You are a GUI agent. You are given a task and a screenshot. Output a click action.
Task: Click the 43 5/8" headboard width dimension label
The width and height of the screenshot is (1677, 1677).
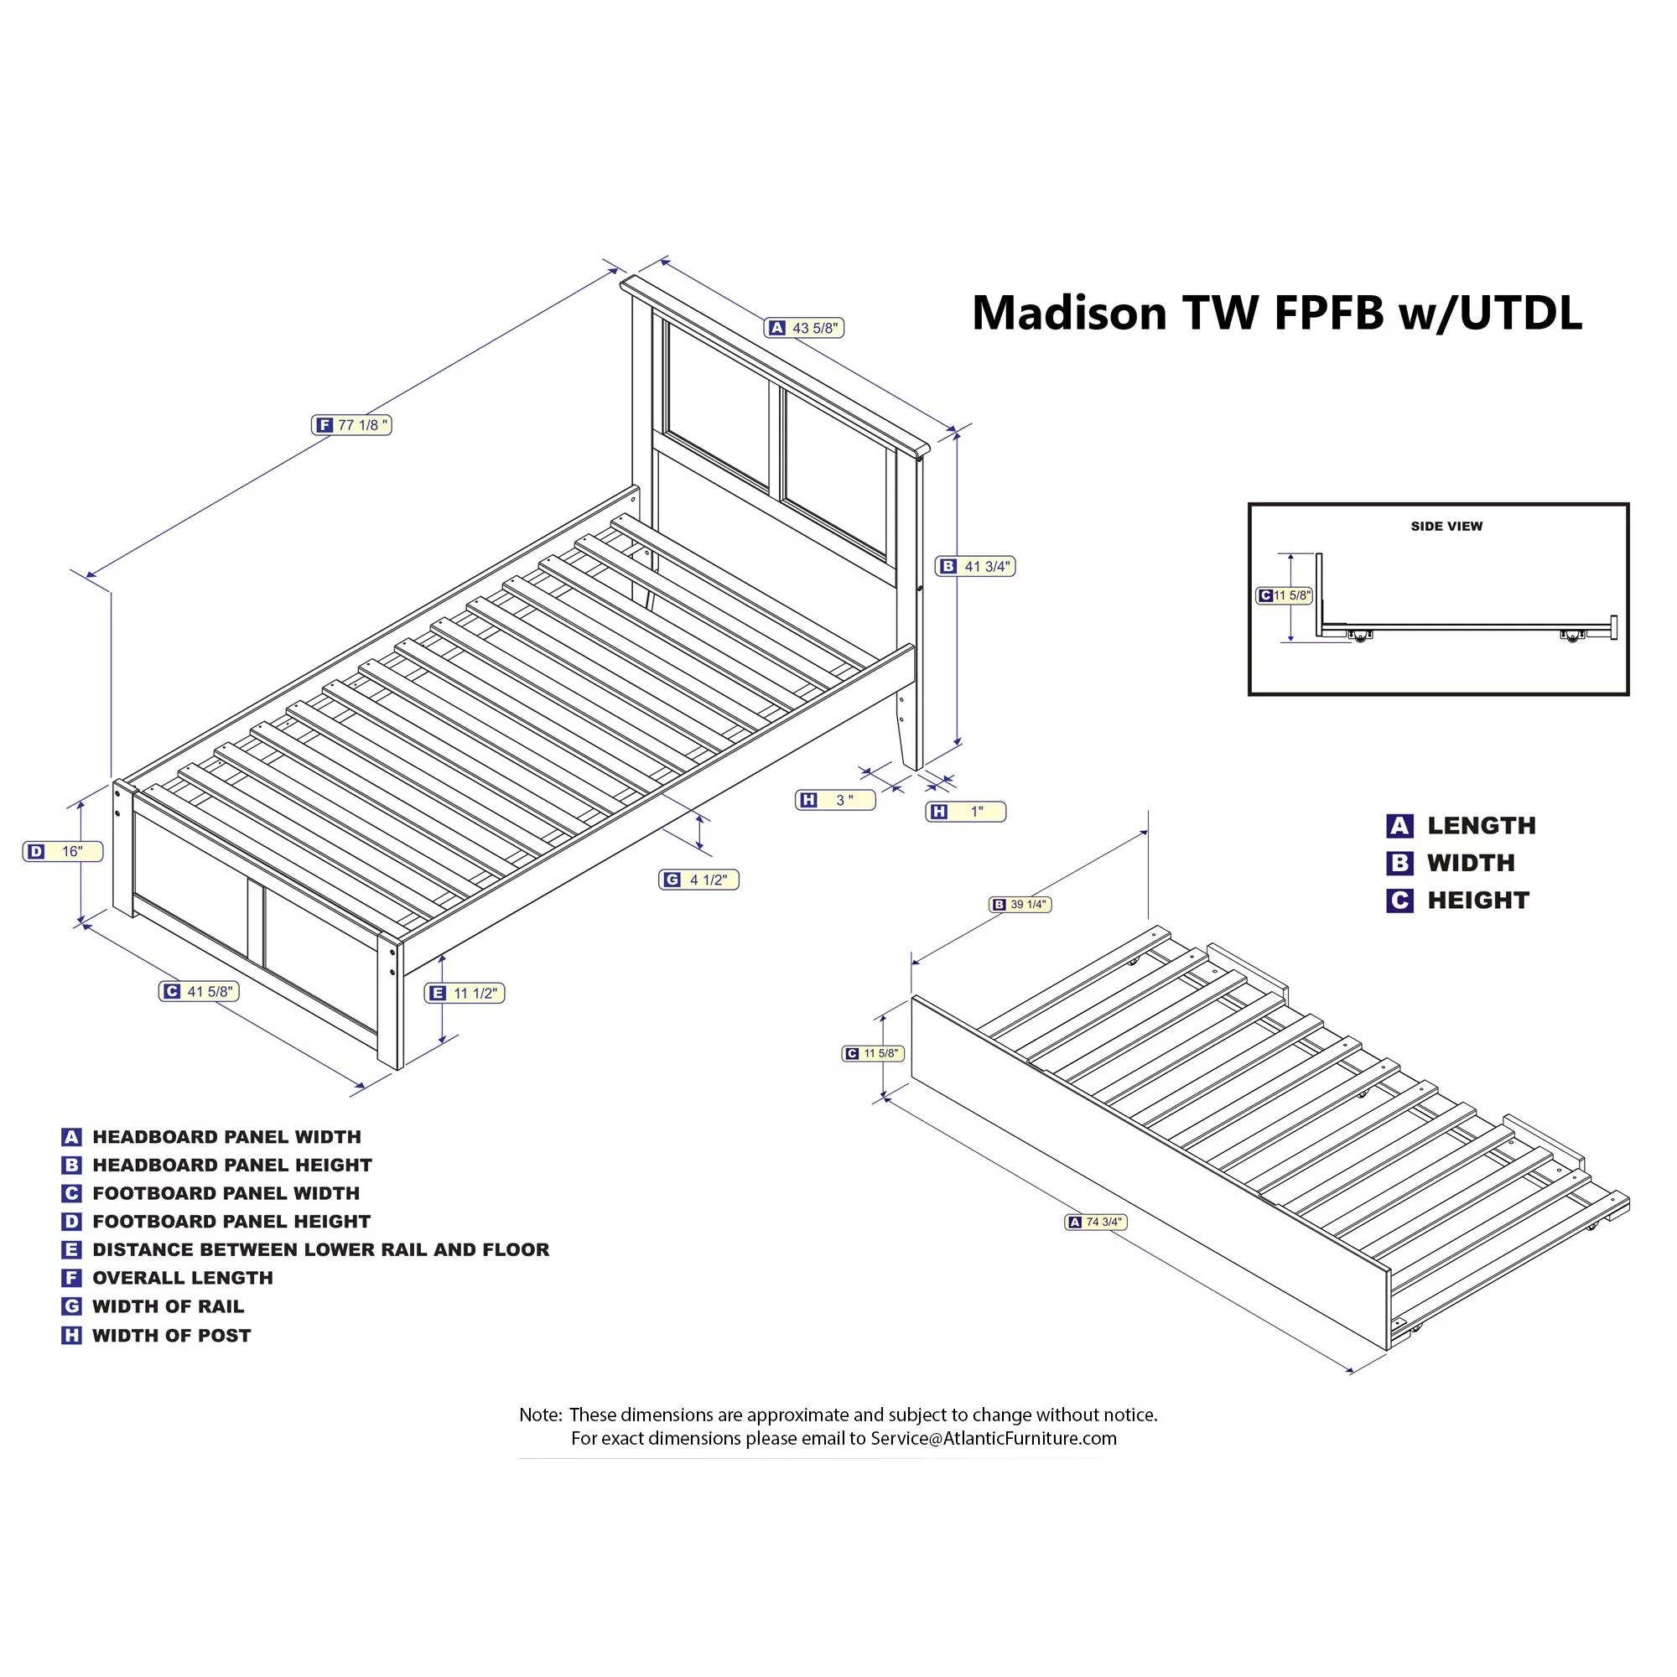pos(804,328)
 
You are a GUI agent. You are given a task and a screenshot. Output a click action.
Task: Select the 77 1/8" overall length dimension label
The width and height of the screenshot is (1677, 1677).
pos(351,425)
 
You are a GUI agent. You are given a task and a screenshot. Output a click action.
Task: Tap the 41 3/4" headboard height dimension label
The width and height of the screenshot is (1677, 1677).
pos(976,567)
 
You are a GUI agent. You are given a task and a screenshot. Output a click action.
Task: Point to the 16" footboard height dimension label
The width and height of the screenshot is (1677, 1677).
pos(63,852)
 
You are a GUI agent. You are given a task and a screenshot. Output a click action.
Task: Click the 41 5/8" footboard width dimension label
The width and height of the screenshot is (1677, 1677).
pos(199,991)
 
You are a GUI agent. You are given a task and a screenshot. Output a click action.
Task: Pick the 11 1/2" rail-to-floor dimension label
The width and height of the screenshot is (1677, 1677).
pos(465,993)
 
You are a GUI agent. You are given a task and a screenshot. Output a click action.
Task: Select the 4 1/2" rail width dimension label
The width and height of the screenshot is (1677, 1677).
pos(698,880)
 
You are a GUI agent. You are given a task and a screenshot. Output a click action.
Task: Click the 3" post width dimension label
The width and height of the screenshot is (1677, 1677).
pos(836,800)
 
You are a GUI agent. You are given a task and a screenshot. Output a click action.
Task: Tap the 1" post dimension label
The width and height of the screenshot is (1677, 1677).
pos(966,812)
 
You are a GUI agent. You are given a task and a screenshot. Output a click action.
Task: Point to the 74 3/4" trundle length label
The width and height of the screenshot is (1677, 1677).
pos(1096,1223)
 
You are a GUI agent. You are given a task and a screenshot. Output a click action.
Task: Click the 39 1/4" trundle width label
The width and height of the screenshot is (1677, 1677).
pos(1020,905)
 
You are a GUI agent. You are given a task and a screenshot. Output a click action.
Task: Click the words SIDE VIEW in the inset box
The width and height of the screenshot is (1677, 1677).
pos(1447,526)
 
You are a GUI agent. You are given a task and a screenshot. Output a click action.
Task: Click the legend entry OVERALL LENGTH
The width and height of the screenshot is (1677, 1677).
pos(183,1278)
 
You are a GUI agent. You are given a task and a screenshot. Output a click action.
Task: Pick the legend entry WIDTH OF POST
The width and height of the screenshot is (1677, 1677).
pos(172,1335)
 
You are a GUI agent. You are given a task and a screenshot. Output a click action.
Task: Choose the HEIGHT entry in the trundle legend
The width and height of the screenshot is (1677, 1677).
pos(1478,900)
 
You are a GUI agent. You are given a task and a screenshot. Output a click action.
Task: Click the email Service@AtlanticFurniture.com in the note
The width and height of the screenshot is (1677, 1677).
pos(994,1438)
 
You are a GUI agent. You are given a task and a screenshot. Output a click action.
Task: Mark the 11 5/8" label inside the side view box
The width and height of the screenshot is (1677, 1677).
pos(1285,595)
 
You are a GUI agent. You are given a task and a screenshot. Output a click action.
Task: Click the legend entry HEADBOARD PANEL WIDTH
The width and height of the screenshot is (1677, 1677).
pos(226,1137)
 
